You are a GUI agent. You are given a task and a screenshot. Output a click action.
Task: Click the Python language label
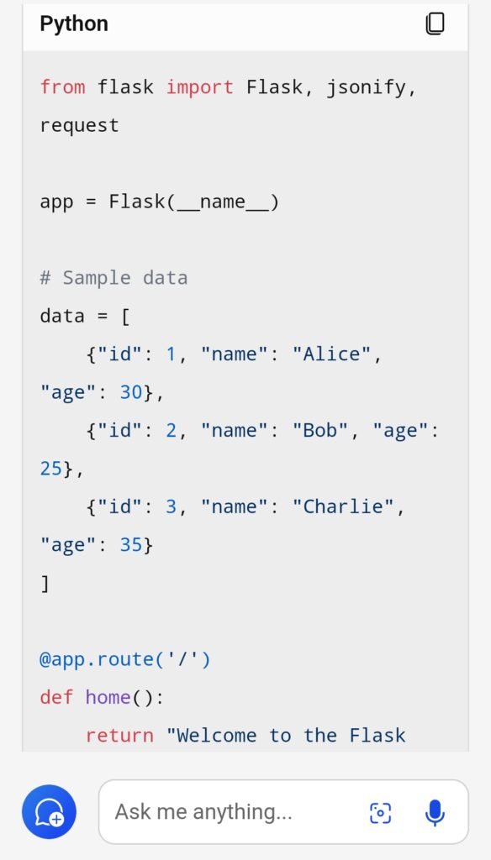pyautogui.click(x=74, y=24)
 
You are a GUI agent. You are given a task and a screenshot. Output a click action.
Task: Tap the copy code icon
pyautogui.click(x=435, y=24)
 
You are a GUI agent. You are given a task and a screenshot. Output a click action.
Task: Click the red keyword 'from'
pyautogui.click(x=62, y=87)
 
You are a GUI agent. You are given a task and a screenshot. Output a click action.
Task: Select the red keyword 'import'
pyautogui.click(x=200, y=87)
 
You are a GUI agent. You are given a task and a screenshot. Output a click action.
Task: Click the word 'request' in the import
pyautogui.click(x=80, y=126)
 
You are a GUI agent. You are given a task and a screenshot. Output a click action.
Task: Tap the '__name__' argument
pyautogui.click(x=222, y=202)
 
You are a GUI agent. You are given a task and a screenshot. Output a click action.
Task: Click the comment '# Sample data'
pyautogui.click(x=114, y=277)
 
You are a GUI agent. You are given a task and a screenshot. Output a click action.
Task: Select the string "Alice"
pyautogui.click(x=331, y=354)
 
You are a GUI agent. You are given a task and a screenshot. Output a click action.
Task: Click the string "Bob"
pyautogui.click(x=319, y=430)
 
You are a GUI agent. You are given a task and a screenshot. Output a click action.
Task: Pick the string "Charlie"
pyautogui.click(x=343, y=506)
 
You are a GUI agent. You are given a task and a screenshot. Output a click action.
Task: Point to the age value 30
pyautogui.click(x=131, y=392)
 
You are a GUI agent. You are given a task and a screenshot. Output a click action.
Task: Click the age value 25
pyautogui.click(x=51, y=469)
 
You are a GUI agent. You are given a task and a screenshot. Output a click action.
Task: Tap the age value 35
pyautogui.click(x=131, y=544)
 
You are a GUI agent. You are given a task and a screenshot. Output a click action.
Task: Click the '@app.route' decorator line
pyautogui.click(x=125, y=658)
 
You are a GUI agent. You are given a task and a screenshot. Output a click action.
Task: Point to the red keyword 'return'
pyautogui.click(x=119, y=735)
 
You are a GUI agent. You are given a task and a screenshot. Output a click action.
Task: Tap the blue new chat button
pyautogui.click(x=50, y=812)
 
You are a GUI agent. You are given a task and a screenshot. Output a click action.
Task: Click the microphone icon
pyautogui.click(x=435, y=812)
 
